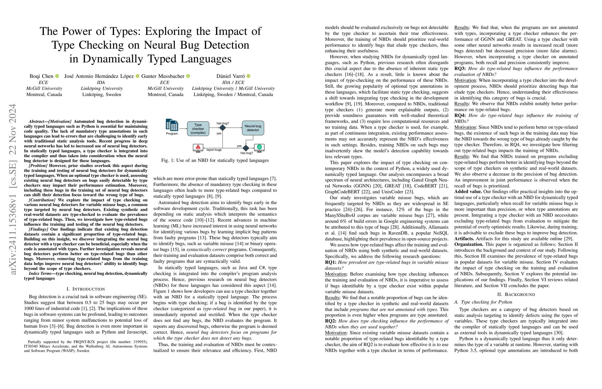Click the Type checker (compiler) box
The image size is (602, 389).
[x=198, y=129]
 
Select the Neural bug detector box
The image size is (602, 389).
[x=253, y=128]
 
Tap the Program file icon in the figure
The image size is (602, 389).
[x=172, y=125]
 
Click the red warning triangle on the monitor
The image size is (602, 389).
[x=198, y=147]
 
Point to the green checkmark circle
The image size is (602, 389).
[x=259, y=147]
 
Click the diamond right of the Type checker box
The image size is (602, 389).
[x=223, y=128]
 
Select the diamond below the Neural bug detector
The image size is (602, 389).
[x=246, y=148]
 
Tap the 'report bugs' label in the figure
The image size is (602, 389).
[x=214, y=150]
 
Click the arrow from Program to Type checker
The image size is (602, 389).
[x=183, y=129]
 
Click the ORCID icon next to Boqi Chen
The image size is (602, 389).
[x=57, y=76]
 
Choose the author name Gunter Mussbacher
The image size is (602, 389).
[x=163, y=76]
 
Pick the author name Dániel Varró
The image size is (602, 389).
[x=230, y=76]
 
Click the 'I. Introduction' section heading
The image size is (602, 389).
[x=86, y=289]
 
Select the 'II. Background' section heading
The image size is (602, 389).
[x=516, y=294]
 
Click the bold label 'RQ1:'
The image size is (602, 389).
[x=331, y=262]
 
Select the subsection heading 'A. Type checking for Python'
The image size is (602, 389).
[x=483, y=302]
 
